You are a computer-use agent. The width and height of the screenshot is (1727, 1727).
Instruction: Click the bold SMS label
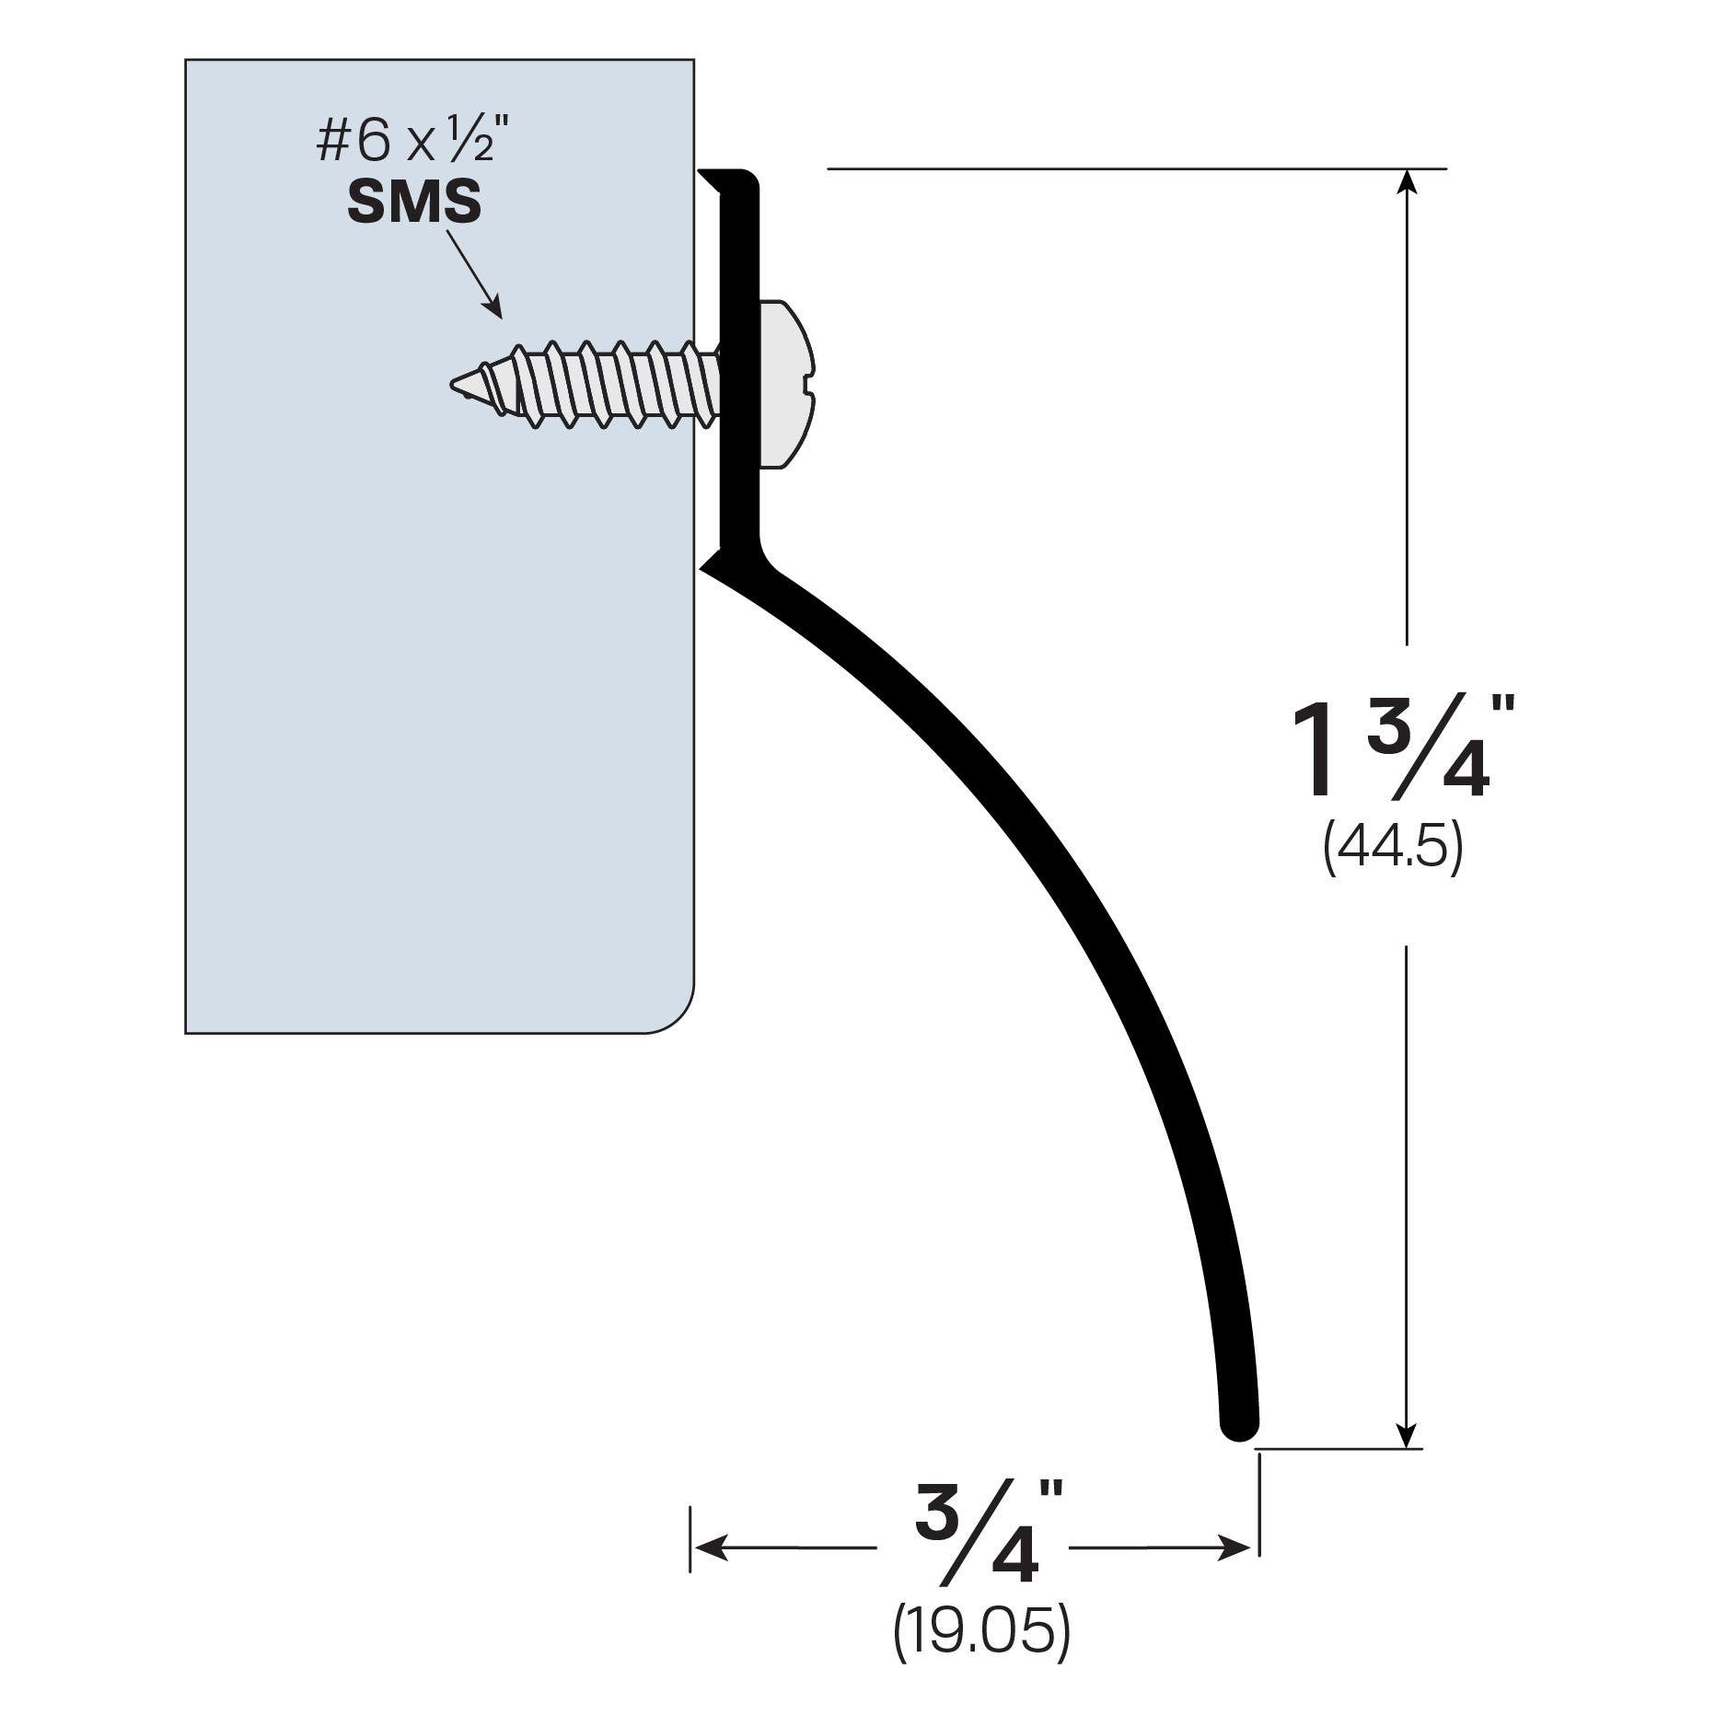coord(413,203)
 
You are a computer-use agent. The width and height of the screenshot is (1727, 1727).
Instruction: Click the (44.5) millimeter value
coord(1393,849)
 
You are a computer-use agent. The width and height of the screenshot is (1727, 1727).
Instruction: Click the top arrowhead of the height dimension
coord(1406,180)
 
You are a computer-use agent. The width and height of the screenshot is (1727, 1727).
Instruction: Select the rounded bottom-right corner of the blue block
coord(677,1016)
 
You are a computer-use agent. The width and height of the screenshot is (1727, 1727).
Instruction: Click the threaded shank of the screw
coord(608,385)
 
